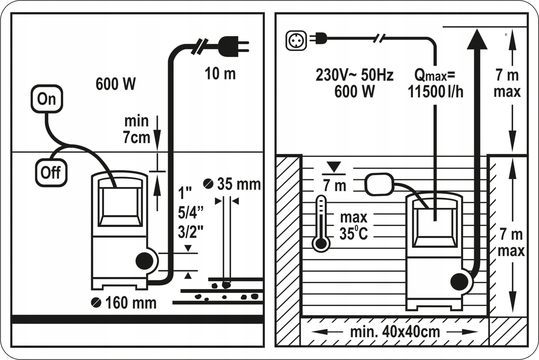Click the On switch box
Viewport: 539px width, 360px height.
pyautogui.click(x=48, y=99)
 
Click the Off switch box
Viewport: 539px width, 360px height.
pyautogui.click(x=50, y=172)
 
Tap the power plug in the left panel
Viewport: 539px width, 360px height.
pyautogui.click(x=233, y=47)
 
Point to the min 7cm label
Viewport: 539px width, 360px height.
pyautogui.click(x=137, y=129)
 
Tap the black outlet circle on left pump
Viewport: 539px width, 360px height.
pyautogui.click(x=144, y=262)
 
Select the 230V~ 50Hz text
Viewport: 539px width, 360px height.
pyautogui.click(x=355, y=75)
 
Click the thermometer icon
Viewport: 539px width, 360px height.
pyautogui.click(x=321, y=224)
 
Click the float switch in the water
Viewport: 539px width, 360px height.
pyautogui.click(x=380, y=185)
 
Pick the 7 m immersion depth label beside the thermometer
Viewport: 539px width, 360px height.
pyautogui.click(x=334, y=185)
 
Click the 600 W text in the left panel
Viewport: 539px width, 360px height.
pyautogui.click(x=116, y=84)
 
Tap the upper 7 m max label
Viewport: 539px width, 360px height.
pyautogui.click(x=506, y=84)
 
